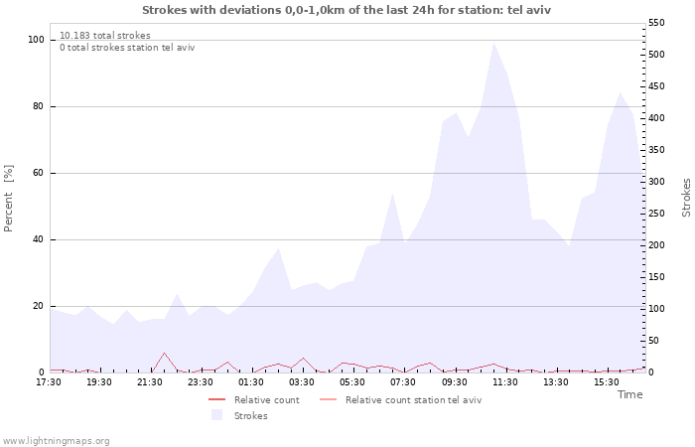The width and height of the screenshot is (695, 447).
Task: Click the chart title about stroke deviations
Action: click(x=347, y=10)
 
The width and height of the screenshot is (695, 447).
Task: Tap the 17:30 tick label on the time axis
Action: click(x=50, y=381)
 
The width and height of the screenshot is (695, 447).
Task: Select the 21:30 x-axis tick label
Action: click(x=151, y=381)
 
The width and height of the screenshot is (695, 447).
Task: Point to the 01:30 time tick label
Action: click(x=252, y=381)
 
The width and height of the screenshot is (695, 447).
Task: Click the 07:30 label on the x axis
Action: click(x=404, y=381)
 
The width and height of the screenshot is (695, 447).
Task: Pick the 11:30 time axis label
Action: click(x=505, y=381)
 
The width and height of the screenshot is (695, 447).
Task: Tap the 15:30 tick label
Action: click(x=607, y=381)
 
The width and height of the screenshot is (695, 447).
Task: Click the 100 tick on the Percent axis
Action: click(x=36, y=40)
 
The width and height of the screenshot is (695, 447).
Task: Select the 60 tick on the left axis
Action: click(x=38, y=173)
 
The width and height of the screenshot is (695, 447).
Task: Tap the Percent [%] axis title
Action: click(x=9, y=199)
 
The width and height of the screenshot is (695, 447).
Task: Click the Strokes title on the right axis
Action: click(x=686, y=197)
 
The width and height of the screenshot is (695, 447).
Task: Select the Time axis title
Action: click(x=629, y=394)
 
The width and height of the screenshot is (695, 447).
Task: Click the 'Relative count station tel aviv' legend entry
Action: click(x=413, y=400)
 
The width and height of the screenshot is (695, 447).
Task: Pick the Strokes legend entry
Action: click(x=250, y=415)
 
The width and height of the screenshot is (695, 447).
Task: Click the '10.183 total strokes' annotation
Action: click(x=105, y=35)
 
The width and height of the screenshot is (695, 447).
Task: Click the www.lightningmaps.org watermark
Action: click(x=56, y=440)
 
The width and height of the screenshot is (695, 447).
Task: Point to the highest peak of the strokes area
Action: click(x=493, y=43)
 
